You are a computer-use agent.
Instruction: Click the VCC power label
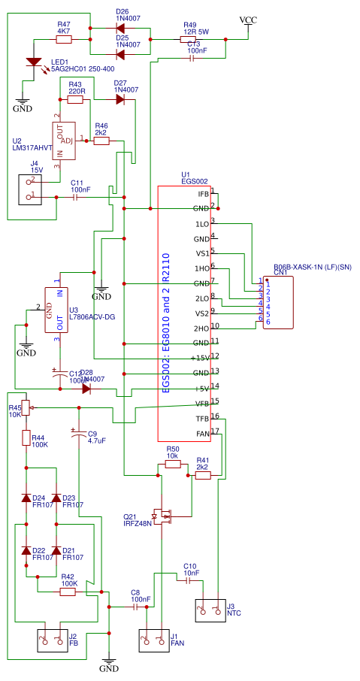(x=247, y=20)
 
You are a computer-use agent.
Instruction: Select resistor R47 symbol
(x=64, y=35)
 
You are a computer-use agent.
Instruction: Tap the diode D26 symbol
(x=120, y=28)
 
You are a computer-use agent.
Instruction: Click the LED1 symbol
(x=34, y=62)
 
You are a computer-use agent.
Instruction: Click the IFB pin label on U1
(x=202, y=194)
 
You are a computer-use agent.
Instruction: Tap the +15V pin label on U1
(x=199, y=358)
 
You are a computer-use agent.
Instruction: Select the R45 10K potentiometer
(x=26, y=407)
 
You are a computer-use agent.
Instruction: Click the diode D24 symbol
(x=26, y=499)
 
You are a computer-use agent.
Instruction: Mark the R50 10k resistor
(x=173, y=465)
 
